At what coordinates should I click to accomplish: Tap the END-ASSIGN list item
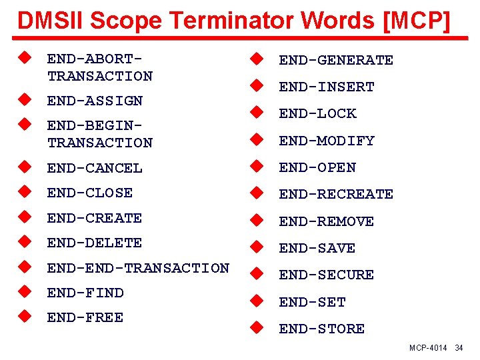pyautogui.click(x=95, y=101)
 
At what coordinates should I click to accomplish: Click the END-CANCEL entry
pyautogui.click(x=95, y=168)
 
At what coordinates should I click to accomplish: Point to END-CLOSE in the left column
pyautogui.click(x=90, y=193)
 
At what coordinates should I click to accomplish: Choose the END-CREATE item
pyautogui.click(x=95, y=218)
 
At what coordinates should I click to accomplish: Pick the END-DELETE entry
pyautogui.click(x=95, y=243)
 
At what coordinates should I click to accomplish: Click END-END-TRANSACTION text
pyautogui.click(x=138, y=268)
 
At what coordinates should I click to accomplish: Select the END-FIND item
pyautogui.click(x=85, y=293)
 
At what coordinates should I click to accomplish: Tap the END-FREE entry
pyautogui.click(x=85, y=317)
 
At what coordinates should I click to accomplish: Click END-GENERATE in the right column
pyautogui.click(x=336, y=60)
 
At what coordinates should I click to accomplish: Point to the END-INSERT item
pyautogui.click(x=327, y=87)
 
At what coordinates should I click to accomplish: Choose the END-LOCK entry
pyautogui.click(x=317, y=113)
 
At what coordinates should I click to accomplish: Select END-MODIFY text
pyautogui.click(x=327, y=141)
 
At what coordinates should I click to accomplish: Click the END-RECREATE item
pyautogui.click(x=336, y=194)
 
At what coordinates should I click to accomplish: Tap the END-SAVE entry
pyautogui.click(x=317, y=248)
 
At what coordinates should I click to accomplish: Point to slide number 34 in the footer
pyautogui.click(x=459, y=349)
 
